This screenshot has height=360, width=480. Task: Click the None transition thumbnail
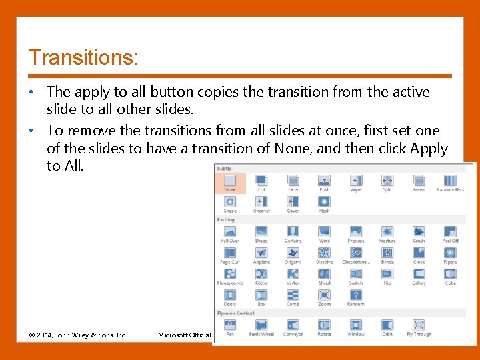tap(230, 181)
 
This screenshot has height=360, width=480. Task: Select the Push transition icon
tap(324, 181)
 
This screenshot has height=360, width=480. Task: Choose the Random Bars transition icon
tap(450, 181)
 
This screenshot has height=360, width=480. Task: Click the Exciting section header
tap(225, 219)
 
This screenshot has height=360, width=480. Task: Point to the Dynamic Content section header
tap(235, 312)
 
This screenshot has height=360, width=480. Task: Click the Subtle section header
tap(224, 169)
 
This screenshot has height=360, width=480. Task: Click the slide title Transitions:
tap(83, 57)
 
